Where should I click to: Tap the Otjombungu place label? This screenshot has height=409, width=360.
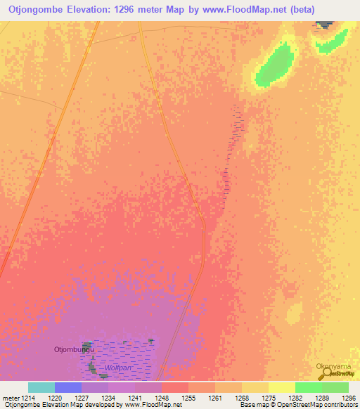point(73,349)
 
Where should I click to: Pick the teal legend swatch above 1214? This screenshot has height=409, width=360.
point(41,387)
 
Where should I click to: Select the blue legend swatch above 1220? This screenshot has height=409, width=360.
point(68,387)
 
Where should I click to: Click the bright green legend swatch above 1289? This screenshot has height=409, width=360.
point(309,387)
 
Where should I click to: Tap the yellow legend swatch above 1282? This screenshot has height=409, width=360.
point(282,387)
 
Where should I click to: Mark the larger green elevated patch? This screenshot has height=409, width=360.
point(274,65)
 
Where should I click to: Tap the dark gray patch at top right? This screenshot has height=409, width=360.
point(325,25)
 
